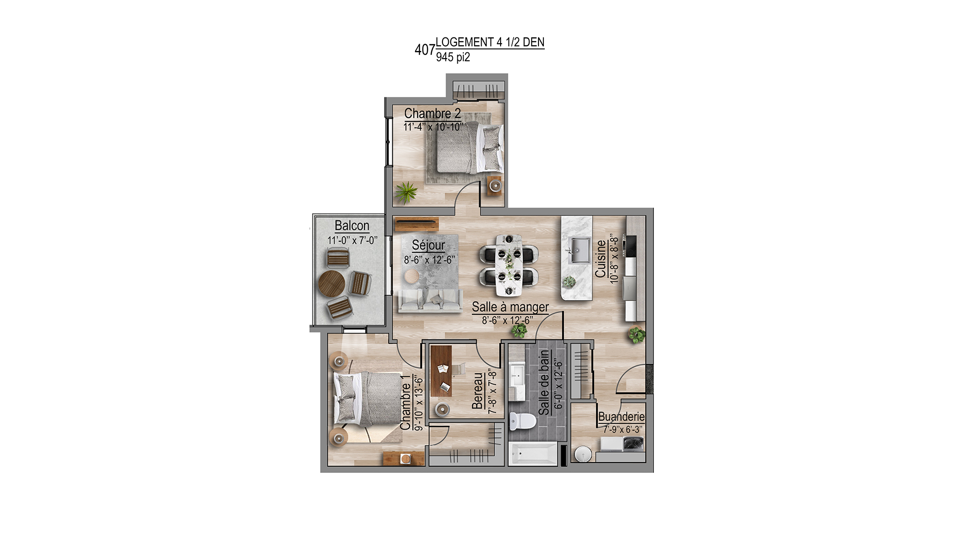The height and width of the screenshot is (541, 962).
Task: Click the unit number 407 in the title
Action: pos(425,50)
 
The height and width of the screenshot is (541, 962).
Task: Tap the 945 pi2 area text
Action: pos(453,57)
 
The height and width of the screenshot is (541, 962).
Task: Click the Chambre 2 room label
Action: pos(433,113)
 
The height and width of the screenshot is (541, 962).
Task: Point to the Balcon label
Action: pos(352,225)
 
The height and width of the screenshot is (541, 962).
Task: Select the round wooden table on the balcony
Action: pos(331,284)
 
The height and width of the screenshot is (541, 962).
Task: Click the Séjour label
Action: pos(428,245)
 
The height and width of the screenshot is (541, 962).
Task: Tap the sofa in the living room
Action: pos(430,300)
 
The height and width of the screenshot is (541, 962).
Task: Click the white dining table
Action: pos(509,265)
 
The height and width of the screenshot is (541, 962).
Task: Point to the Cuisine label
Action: pos(601,258)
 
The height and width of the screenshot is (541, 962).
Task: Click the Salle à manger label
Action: pos(510,307)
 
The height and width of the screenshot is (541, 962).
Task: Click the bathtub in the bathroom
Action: pos(533,454)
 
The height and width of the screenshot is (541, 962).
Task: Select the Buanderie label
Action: pos(621,417)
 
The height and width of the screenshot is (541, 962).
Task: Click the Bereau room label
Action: pos(477,391)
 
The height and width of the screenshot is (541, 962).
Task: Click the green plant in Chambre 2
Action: pos(406,192)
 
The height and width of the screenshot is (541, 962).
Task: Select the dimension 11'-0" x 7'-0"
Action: pos(352,240)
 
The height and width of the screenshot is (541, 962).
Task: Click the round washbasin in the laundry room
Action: pos(583,454)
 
